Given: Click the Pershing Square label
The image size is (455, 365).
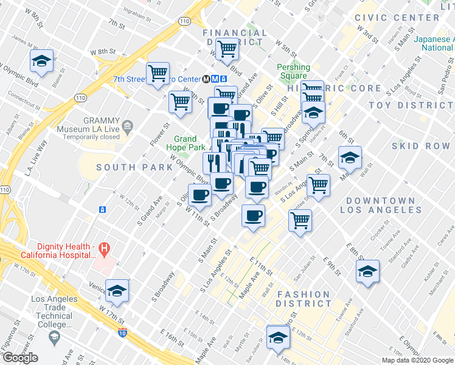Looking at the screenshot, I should click(293, 71).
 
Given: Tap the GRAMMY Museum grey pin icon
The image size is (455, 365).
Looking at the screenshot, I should click(127, 127).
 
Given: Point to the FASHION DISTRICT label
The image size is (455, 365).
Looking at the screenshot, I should click(304, 299).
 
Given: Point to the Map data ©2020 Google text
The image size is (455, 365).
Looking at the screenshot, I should click(417, 360).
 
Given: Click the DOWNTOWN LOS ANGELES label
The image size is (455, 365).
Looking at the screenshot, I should click(381, 205).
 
